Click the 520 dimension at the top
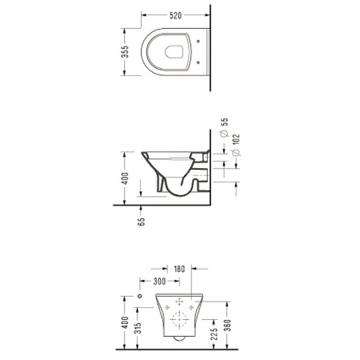tap(175, 15)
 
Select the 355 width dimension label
tap(125, 52)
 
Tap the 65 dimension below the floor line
tap(141, 222)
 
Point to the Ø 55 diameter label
tap(225, 127)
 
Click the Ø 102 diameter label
tap(236, 145)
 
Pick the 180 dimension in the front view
tap(179, 269)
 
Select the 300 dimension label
tap(159, 281)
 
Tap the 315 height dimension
tap(138, 328)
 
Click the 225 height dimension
tap(214, 334)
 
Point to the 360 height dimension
tap(227, 325)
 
